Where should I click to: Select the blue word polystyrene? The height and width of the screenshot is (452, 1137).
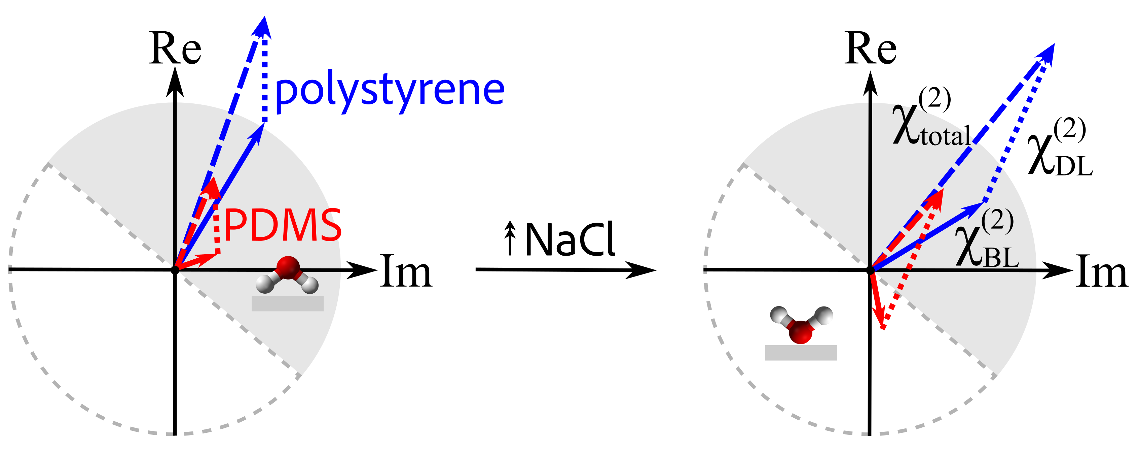[389, 92]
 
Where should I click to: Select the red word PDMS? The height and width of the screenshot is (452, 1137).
[283, 226]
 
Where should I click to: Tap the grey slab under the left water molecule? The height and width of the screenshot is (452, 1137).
[287, 303]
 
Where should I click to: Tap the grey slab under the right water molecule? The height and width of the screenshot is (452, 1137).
[801, 353]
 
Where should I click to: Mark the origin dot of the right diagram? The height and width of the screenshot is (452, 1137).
[870, 270]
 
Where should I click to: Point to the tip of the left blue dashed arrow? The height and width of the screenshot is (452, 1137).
[264, 19]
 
